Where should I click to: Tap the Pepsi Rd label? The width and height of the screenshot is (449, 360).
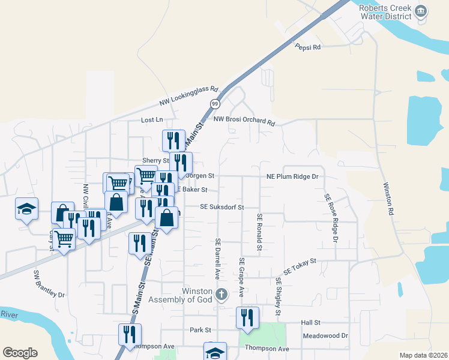(308, 46)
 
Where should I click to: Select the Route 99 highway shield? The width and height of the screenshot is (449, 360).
(214, 104)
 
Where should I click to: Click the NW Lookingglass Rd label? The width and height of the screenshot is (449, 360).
(188, 95)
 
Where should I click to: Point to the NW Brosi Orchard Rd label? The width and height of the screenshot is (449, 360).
(244, 121)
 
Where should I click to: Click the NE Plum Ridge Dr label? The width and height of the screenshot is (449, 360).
(292, 176)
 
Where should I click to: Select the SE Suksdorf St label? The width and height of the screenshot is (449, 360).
(221, 207)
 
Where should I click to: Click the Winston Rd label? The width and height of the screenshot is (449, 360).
(388, 199)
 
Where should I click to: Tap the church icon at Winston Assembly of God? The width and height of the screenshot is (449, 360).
(221, 295)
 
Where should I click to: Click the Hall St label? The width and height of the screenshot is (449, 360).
(311, 323)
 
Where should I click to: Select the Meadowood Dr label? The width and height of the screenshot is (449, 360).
(325, 336)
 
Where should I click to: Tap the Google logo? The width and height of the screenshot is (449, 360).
(20, 353)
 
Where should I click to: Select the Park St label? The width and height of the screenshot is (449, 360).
(200, 330)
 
